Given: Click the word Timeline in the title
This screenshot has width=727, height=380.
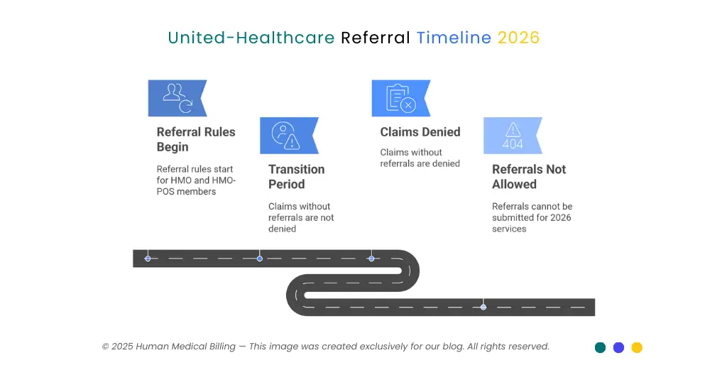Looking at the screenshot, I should (454, 38).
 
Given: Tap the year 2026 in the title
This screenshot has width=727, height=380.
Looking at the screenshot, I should (518, 38).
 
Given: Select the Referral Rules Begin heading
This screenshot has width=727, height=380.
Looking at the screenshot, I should (195, 139).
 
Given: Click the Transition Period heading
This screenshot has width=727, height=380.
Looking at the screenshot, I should (296, 177).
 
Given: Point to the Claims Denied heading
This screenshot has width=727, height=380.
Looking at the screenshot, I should (420, 132).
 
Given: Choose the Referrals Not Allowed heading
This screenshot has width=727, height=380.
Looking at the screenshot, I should (528, 177).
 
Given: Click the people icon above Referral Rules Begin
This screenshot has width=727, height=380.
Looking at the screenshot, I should (177, 98).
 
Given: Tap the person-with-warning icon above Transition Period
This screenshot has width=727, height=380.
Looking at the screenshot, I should (288, 136).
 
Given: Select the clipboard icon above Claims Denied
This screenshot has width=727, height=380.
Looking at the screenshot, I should (400, 98).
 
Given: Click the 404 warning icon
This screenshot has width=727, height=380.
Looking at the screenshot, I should (513, 136).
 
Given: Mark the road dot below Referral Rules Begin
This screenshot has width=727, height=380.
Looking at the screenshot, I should (148, 258).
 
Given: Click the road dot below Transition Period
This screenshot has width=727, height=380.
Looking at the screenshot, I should (260, 258).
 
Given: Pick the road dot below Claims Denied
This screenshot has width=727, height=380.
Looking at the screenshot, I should (371, 258).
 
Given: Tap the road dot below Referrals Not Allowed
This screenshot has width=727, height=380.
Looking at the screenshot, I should (483, 307).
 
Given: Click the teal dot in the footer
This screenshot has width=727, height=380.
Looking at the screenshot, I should (600, 347).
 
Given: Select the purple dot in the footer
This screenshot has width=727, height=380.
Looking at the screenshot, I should (618, 347).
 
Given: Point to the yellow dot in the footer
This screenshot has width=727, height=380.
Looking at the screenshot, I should (637, 347).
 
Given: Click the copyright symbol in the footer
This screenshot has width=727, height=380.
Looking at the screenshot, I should (105, 347).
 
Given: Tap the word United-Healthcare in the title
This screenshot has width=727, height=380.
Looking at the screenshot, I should (251, 38).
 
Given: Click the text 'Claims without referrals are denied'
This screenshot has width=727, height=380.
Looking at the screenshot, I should (420, 158).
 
